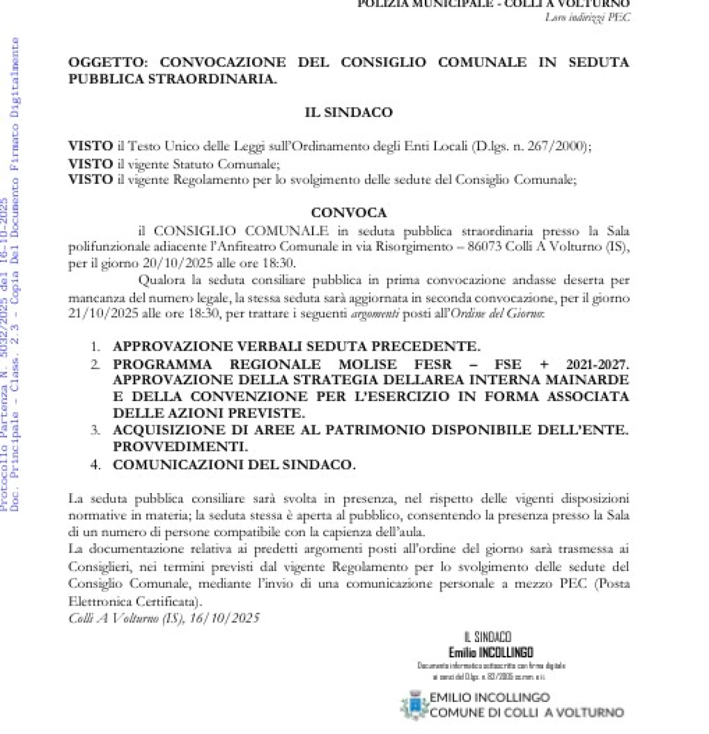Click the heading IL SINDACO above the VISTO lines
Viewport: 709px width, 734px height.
pyautogui.click(x=348, y=112)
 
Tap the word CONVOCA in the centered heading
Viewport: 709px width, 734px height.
pyautogui.click(x=348, y=213)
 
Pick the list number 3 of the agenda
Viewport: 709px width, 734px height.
pyautogui.click(x=95, y=430)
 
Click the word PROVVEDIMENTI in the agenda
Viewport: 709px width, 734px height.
pyautogui.click(x=180, y=446)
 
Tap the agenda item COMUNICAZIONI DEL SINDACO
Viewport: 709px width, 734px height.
pyautogui.click(x=234, y=465)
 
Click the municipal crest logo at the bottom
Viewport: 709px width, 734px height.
pyautogui.click(x=414, y=705)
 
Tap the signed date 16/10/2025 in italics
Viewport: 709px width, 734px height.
pyautogui.click(x=224, y=618)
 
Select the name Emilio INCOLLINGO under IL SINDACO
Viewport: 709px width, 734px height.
pyautogui.click(x=491, y=652)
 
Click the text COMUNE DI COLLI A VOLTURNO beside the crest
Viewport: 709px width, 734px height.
pyautogui.click(x=526, y=712)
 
